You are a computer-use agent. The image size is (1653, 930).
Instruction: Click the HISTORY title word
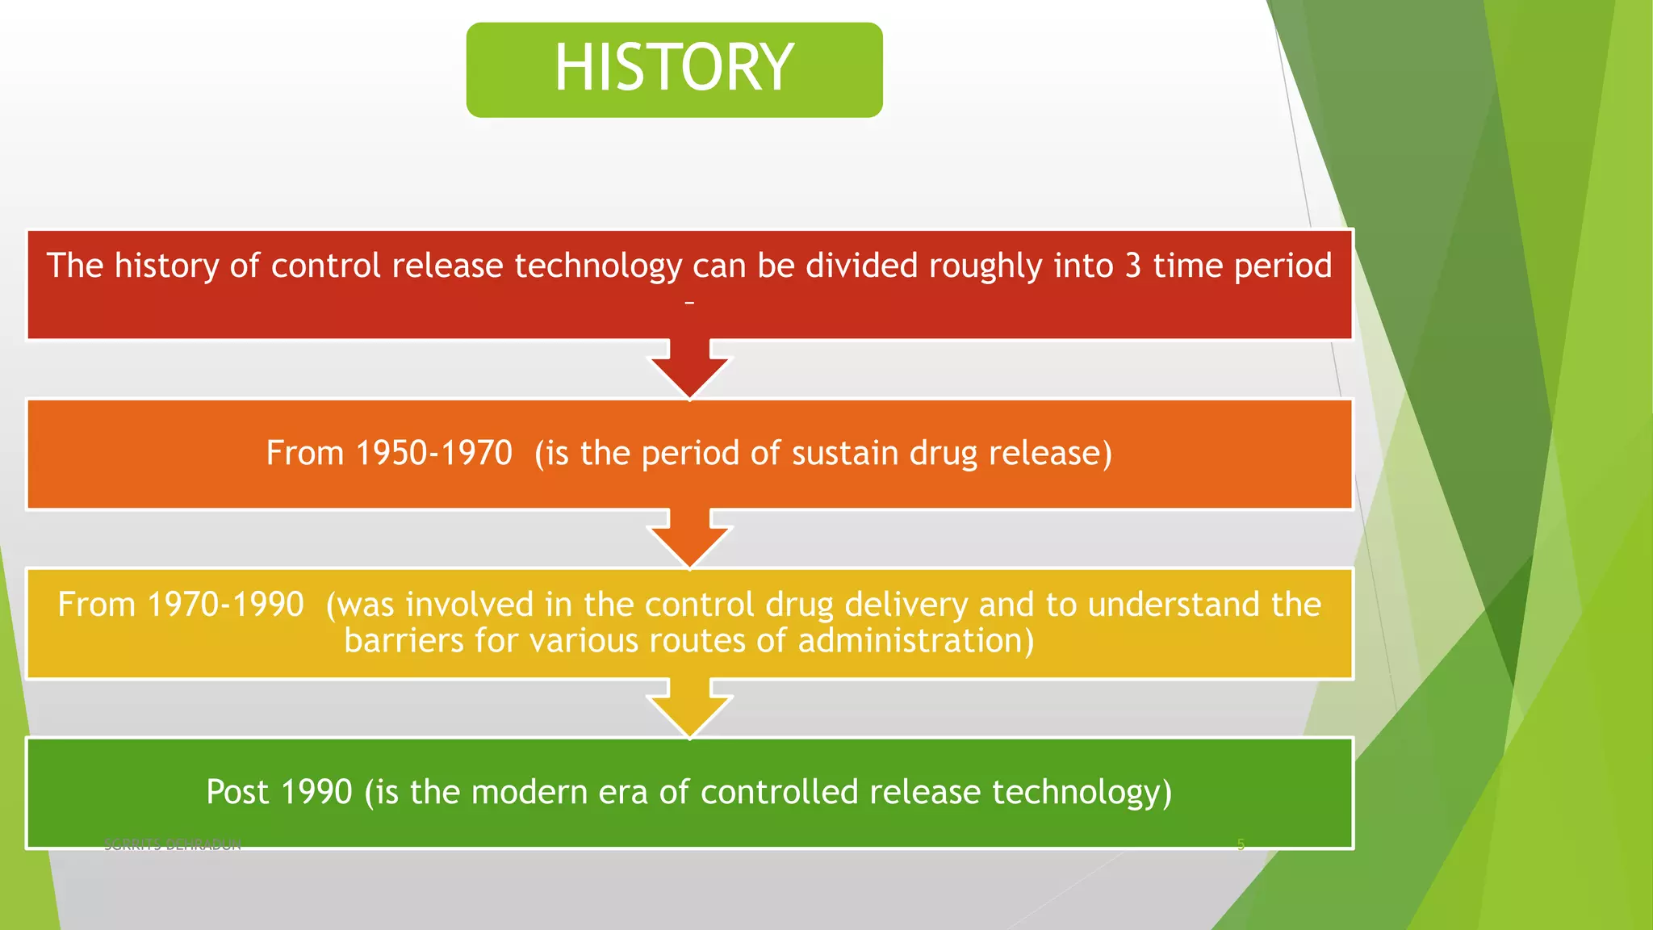pos(674,68)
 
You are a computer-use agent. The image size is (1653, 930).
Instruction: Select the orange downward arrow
pos(689,538)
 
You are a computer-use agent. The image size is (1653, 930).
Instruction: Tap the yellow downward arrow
pos(689,707)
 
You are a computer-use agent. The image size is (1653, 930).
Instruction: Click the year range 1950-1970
pos(433,453)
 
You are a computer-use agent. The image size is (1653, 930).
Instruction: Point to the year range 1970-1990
pos(225,605)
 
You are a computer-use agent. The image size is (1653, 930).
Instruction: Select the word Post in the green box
pos(237,792)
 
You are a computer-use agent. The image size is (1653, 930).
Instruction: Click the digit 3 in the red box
pos(1132,266)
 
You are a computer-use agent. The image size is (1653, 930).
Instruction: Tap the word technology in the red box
pos(598,266)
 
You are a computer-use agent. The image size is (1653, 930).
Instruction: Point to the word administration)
pos(915,641)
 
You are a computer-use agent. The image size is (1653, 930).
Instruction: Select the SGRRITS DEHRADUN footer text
pos(173,844)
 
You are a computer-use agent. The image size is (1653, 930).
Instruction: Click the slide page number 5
pos(1241,844)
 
